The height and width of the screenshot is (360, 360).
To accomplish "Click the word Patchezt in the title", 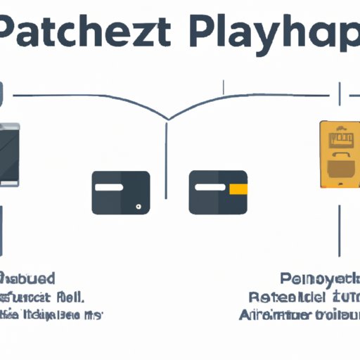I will pyautogui.click(x=88, y=34).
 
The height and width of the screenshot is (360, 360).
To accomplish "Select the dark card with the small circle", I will pyautogui.click(x=120, y=192).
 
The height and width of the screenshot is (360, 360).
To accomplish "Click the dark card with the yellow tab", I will pyautogui.click(x=218, y=192).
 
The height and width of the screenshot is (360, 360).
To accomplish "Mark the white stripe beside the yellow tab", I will pyautogui.click(x=210, y=188).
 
